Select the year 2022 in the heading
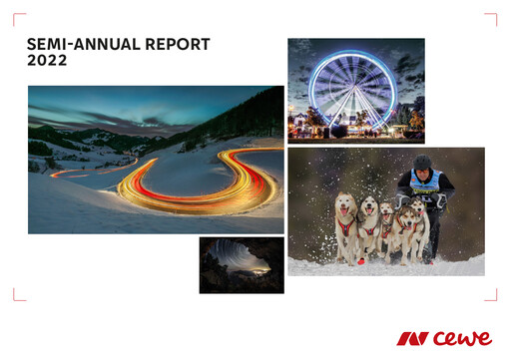click(x=47, y=61)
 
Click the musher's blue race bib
click(x=425, y=183)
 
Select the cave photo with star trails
click(x=242, y=264)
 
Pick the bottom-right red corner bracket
click(x=491, y=295)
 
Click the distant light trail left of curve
click(x=80, y=173)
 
